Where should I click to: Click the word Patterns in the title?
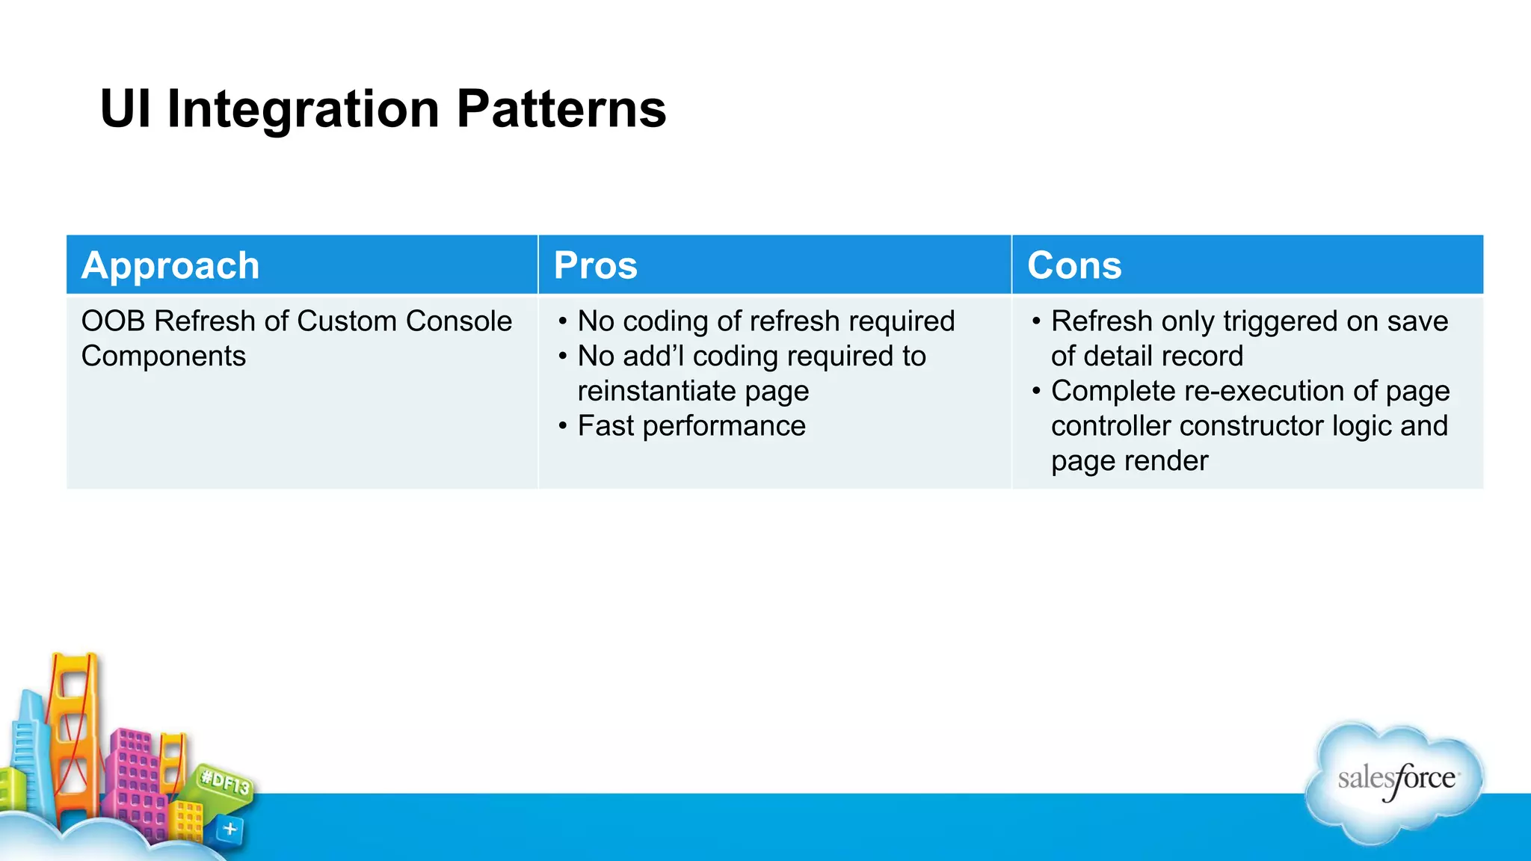click(x=561, y=109)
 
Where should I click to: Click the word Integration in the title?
click(x=303, y=109)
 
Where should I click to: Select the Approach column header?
click(x=170, y=265)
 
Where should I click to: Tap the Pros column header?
click(x=595, y=265)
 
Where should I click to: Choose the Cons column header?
click(x=1074, y=265)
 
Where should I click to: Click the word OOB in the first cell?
click(x=112, y=321)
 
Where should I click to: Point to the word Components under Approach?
click(x=163, y=356)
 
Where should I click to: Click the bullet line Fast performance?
click(x=691, y=426)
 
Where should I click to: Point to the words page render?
click(x=1129, y=461)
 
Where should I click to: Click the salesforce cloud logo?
click(x=1395, y=781)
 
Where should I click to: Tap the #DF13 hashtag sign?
click(x=224, y=783)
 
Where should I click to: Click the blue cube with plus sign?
click(x=230, y=829)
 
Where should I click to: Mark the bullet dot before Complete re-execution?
click(x=1036, y=391)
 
